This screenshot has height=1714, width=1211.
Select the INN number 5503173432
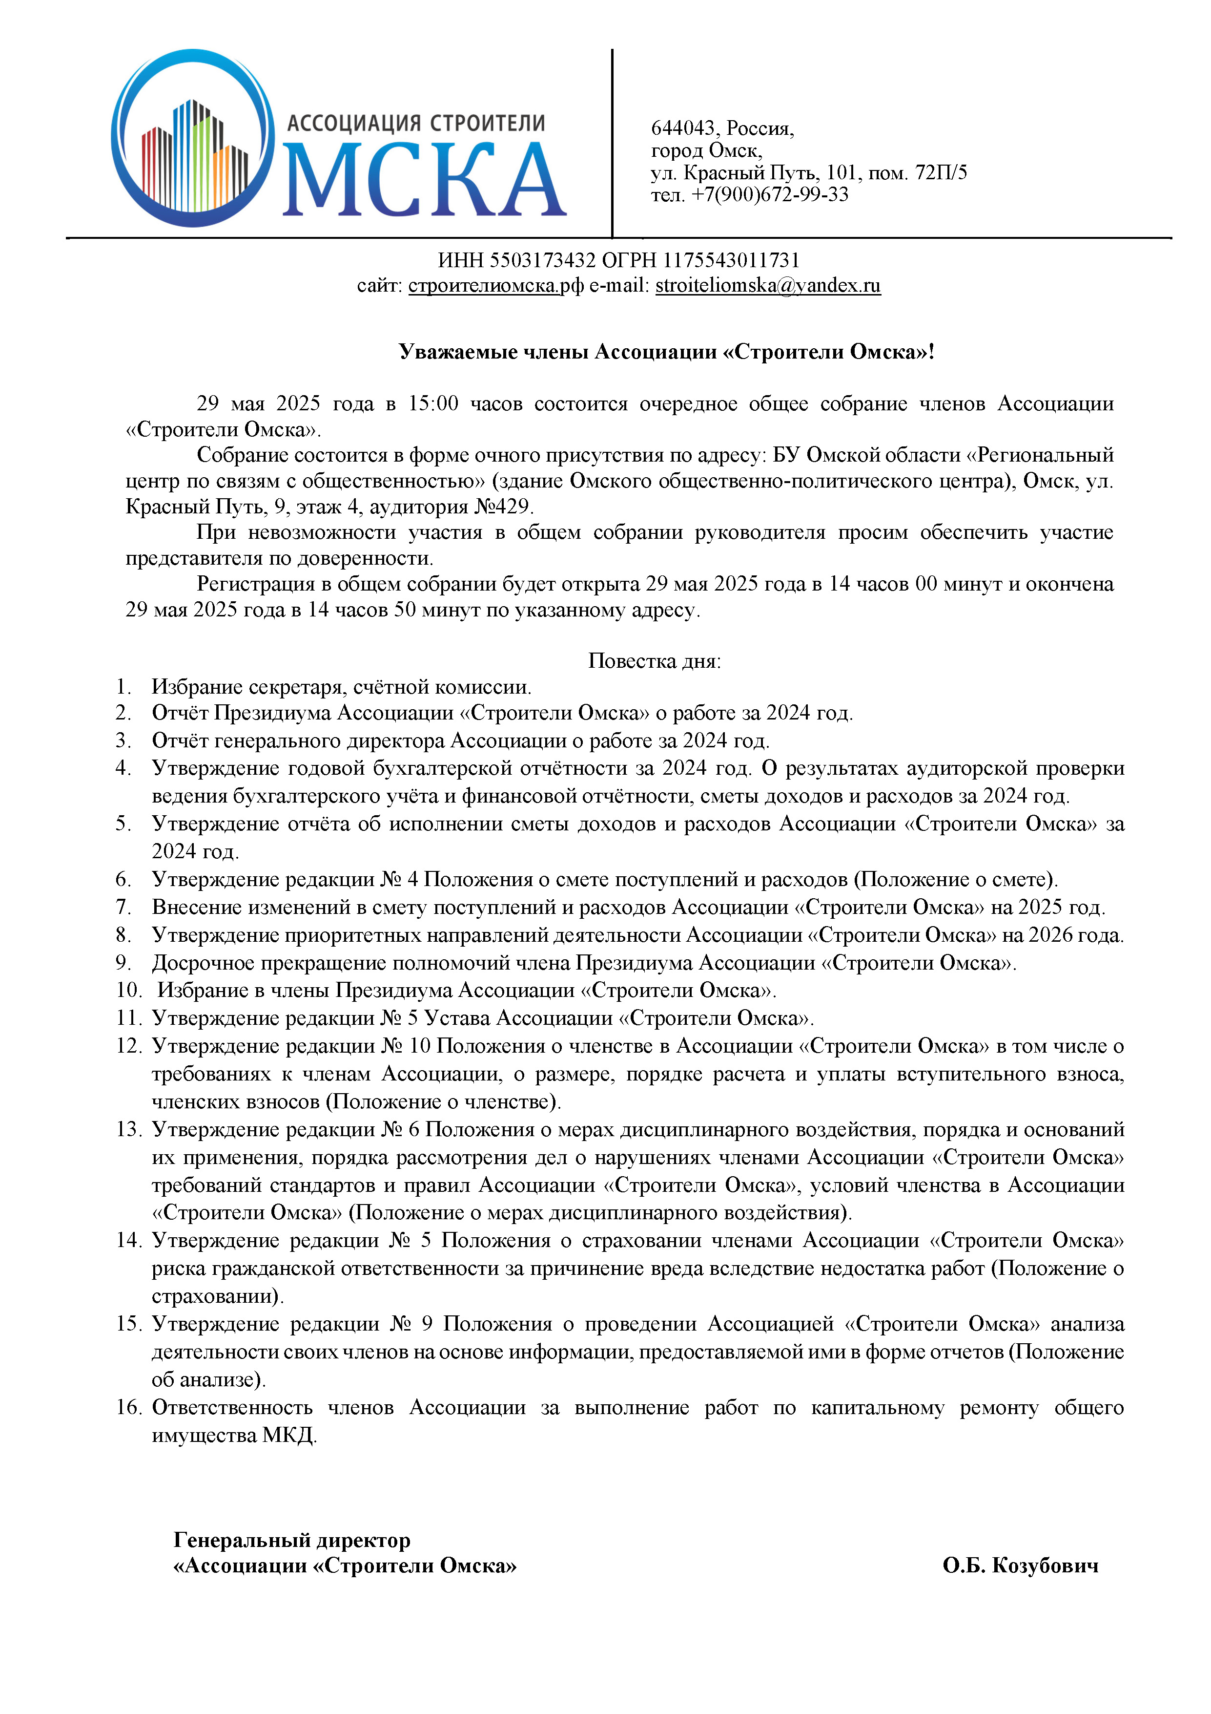(x=542, y=260)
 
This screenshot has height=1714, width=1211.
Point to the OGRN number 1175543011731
(x=731, y=260)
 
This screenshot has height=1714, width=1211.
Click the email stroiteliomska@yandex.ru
(x=768, y=286)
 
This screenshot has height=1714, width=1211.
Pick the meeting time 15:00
(x=433, y=404)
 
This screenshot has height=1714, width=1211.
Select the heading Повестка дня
(x=655, y=661)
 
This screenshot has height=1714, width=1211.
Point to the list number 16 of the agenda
(x=128, y=1407)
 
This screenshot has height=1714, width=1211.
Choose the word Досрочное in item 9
(x=202, y=963)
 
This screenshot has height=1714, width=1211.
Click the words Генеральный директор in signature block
(x=292, y=1540)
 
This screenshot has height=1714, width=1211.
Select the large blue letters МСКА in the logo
(x=424, y=181)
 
